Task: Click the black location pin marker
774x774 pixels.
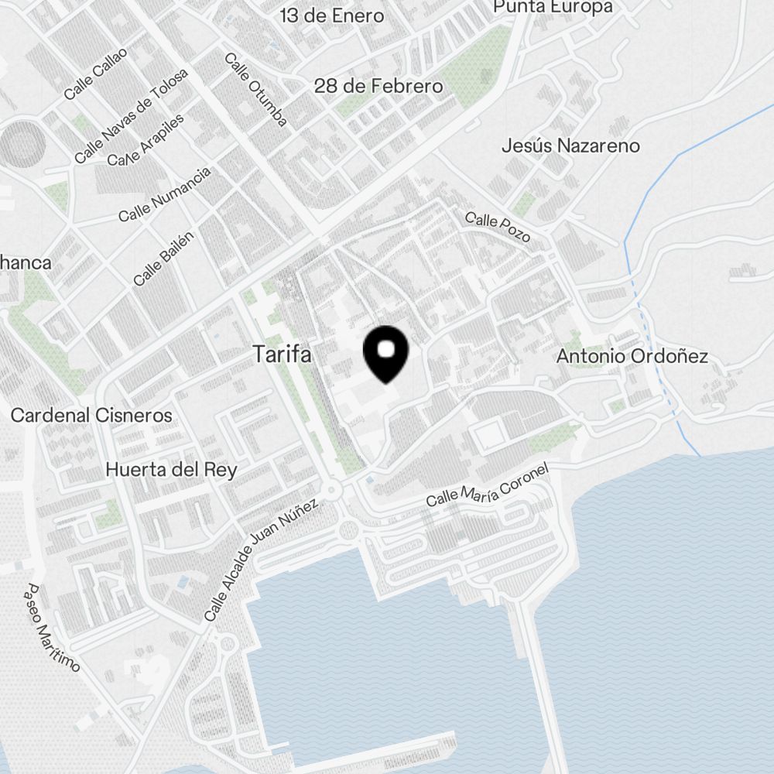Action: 385,354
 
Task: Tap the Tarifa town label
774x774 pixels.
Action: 283,355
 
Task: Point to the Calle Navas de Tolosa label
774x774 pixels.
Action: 132,116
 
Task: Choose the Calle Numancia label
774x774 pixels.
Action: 164,194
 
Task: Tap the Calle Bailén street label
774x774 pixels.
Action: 163,258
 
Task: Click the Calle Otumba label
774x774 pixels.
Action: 256,89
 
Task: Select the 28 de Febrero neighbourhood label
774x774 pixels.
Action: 378,86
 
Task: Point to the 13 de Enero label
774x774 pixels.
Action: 332,15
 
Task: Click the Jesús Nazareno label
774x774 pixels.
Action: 570,146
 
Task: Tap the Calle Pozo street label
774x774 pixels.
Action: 498,226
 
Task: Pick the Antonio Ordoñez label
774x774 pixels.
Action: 632,357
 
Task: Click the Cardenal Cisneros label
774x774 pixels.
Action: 91,416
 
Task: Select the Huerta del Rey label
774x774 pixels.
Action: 171,470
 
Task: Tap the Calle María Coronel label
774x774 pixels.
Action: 488,485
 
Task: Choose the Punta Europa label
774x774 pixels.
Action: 553,7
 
